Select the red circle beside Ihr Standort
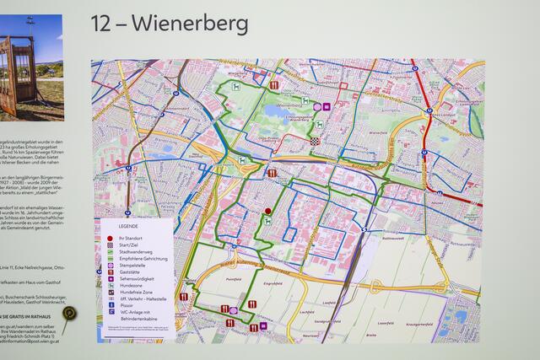(x=110, y=239)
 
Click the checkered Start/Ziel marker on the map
(x=314, y=142)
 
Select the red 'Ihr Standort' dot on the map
(x=268, y=211)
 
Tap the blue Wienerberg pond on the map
(x=278, y=110)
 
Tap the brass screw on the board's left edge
(x=70, y=314)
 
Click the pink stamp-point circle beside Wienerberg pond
(x=317, y=107)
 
